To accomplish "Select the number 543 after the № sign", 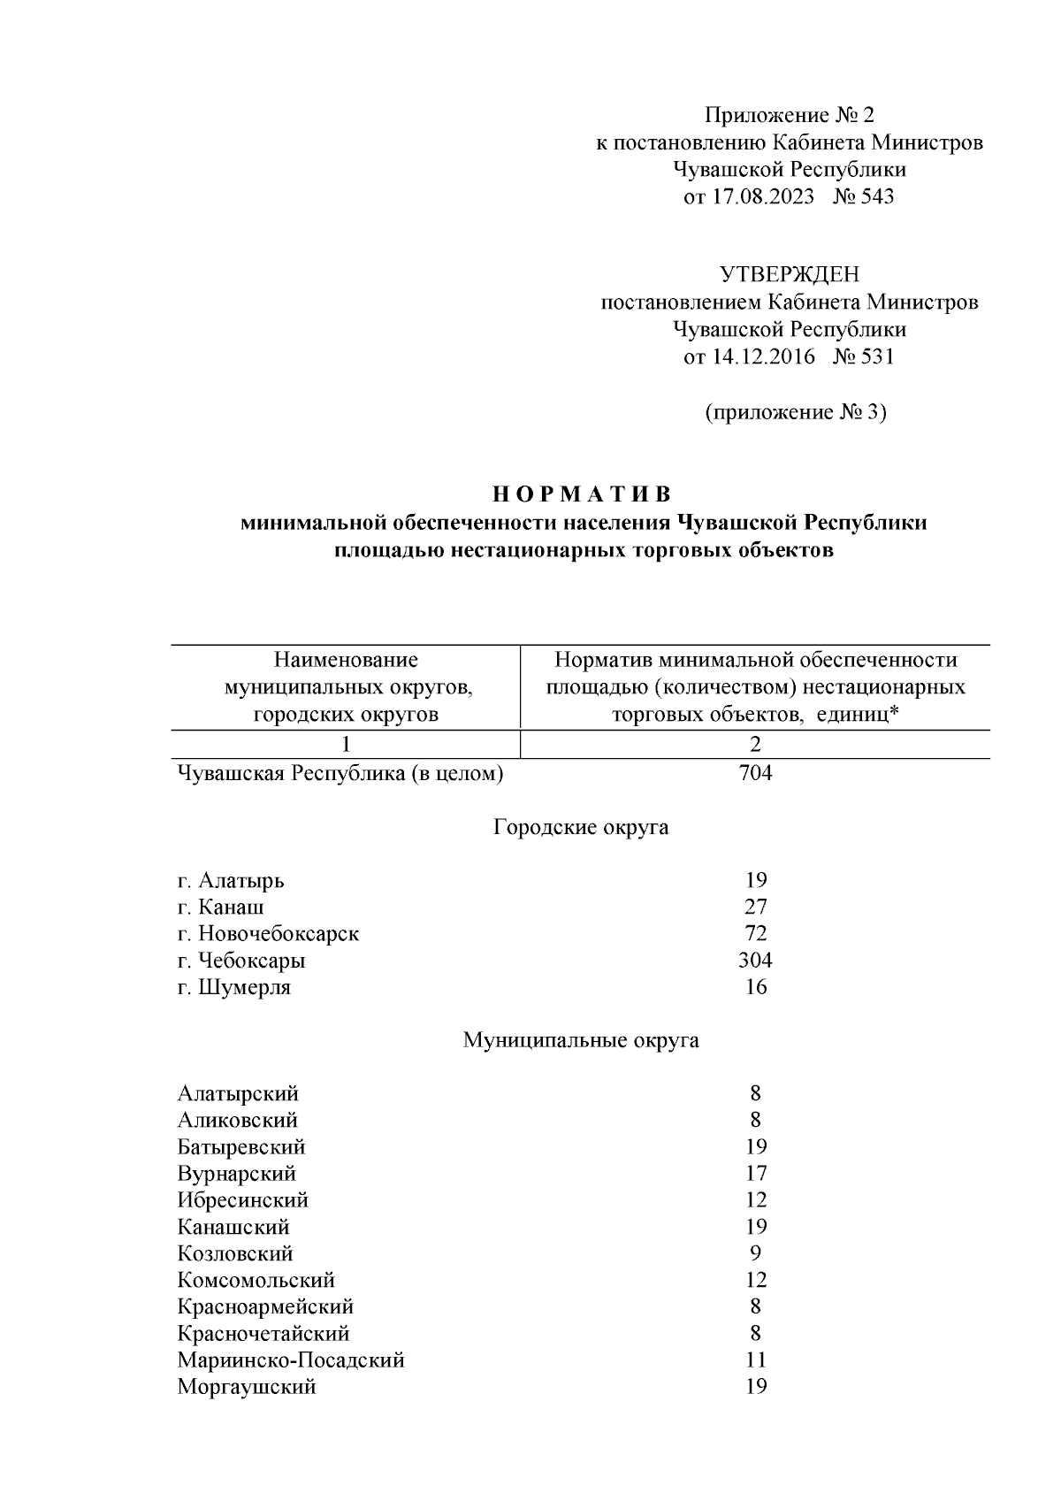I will point(876,196).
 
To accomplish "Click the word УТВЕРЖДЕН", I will point(789,275).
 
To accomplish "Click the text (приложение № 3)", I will point(795,412).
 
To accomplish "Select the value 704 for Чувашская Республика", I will point(755,774).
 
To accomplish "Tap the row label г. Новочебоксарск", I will point(268,934).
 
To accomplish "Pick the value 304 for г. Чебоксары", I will point(755,961).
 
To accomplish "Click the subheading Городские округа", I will point(581,828).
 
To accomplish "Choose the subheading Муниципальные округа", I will point(581,1040).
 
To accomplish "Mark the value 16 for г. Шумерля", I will point(755,987).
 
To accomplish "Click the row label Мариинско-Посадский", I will point(291,1359).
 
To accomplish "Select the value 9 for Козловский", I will point(755,1253).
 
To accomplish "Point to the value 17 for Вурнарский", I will point(755,1174).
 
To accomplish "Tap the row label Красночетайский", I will point(263,1333).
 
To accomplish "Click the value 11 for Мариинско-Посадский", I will point(755,1359).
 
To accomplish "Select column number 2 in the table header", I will point(755,745).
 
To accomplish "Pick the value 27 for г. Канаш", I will point(755,907).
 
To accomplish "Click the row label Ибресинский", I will point(243,1200).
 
